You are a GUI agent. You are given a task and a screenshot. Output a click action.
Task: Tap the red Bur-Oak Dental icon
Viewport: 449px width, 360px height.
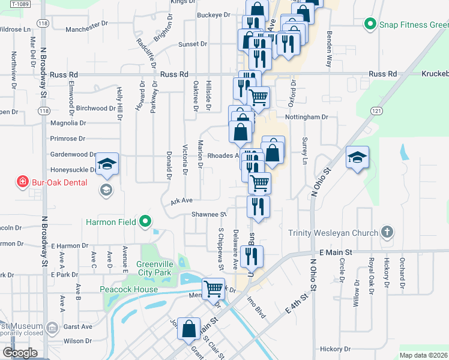pos(23,181)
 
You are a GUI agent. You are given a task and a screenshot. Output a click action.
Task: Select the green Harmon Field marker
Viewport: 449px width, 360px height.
pos(145,223)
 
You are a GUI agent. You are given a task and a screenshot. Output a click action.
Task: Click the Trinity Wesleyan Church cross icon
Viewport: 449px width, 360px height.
pos(388,232)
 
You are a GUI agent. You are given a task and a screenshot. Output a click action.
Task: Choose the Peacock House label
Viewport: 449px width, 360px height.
pos(129,289)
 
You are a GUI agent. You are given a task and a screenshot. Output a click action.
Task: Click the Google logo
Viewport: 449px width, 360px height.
pos(20,352)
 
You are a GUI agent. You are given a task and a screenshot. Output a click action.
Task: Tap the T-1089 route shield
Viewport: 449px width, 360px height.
pos(20,4)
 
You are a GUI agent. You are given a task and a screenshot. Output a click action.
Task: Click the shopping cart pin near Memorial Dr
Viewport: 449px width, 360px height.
pos(214,289)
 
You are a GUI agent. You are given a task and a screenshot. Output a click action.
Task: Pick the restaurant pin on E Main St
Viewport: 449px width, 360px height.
pos(251,256)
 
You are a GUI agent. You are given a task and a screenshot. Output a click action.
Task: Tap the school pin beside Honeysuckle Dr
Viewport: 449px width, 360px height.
pos(107,164)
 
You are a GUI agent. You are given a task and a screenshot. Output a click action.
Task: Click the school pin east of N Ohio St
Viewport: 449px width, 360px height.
pos(358,157)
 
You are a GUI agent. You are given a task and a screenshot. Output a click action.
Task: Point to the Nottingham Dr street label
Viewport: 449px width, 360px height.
pos(308,117)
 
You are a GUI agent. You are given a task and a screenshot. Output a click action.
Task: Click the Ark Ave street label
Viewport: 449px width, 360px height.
pos(181,201)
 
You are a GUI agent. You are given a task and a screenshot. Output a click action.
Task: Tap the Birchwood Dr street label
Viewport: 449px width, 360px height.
pos(96,109)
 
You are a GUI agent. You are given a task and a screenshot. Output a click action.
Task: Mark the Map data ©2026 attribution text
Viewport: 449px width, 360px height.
pos(423,355)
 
